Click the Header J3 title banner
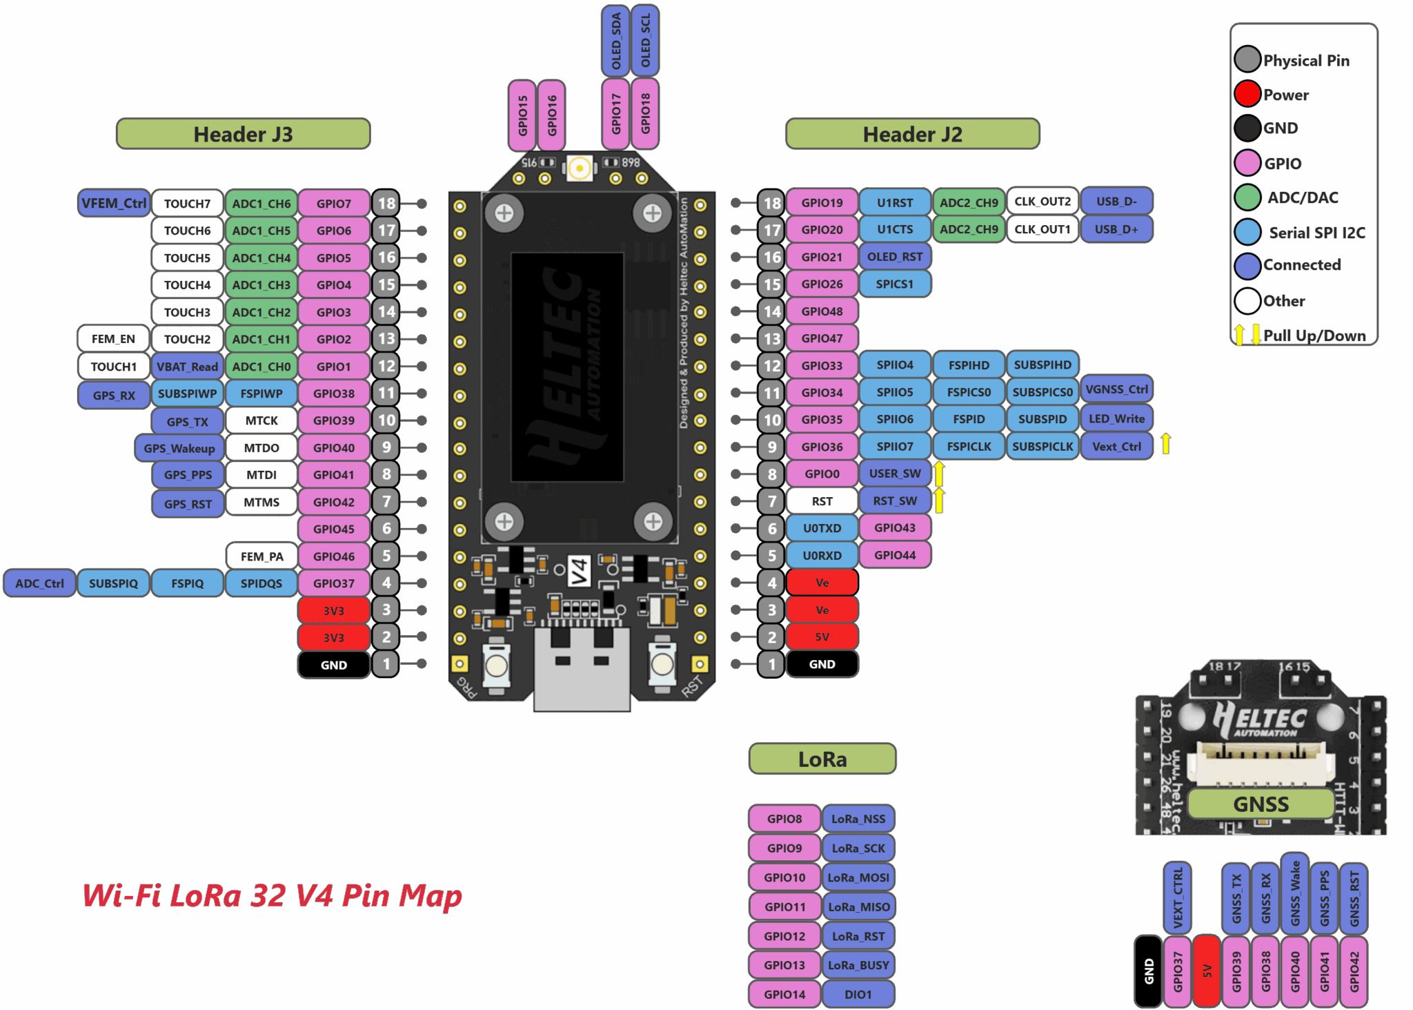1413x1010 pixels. click(x=243, y=134)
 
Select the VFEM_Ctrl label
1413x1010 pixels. click(x=114, y=203)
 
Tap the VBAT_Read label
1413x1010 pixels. click(x=187, y=367)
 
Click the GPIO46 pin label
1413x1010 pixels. click(x=333, y=556)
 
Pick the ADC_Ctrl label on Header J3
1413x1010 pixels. click(x=39, y=583)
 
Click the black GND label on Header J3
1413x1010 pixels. click(x=333, y=665)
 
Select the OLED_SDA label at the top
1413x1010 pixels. click(x=616, y=41)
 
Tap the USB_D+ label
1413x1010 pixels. click(x=1116, y=229)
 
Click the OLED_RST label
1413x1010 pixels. click(x=894, y=257)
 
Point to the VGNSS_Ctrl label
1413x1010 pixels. click(x=1116, y=389)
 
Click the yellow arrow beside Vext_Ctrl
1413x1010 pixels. click(x=1165, y=443)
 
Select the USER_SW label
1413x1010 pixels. click(x=894, y=474)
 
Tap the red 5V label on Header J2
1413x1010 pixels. click(x=822, y=637)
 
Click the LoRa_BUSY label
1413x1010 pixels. click(x=858, y=965)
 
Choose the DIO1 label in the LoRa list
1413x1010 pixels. click(x=858, y=994)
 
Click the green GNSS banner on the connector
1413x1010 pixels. click(x=1261, y=804)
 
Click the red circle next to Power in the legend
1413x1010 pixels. click(x=1247, y=94)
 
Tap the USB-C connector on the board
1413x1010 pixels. click(x=582, y=668)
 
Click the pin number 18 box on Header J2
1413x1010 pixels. click(x=771, y=203)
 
